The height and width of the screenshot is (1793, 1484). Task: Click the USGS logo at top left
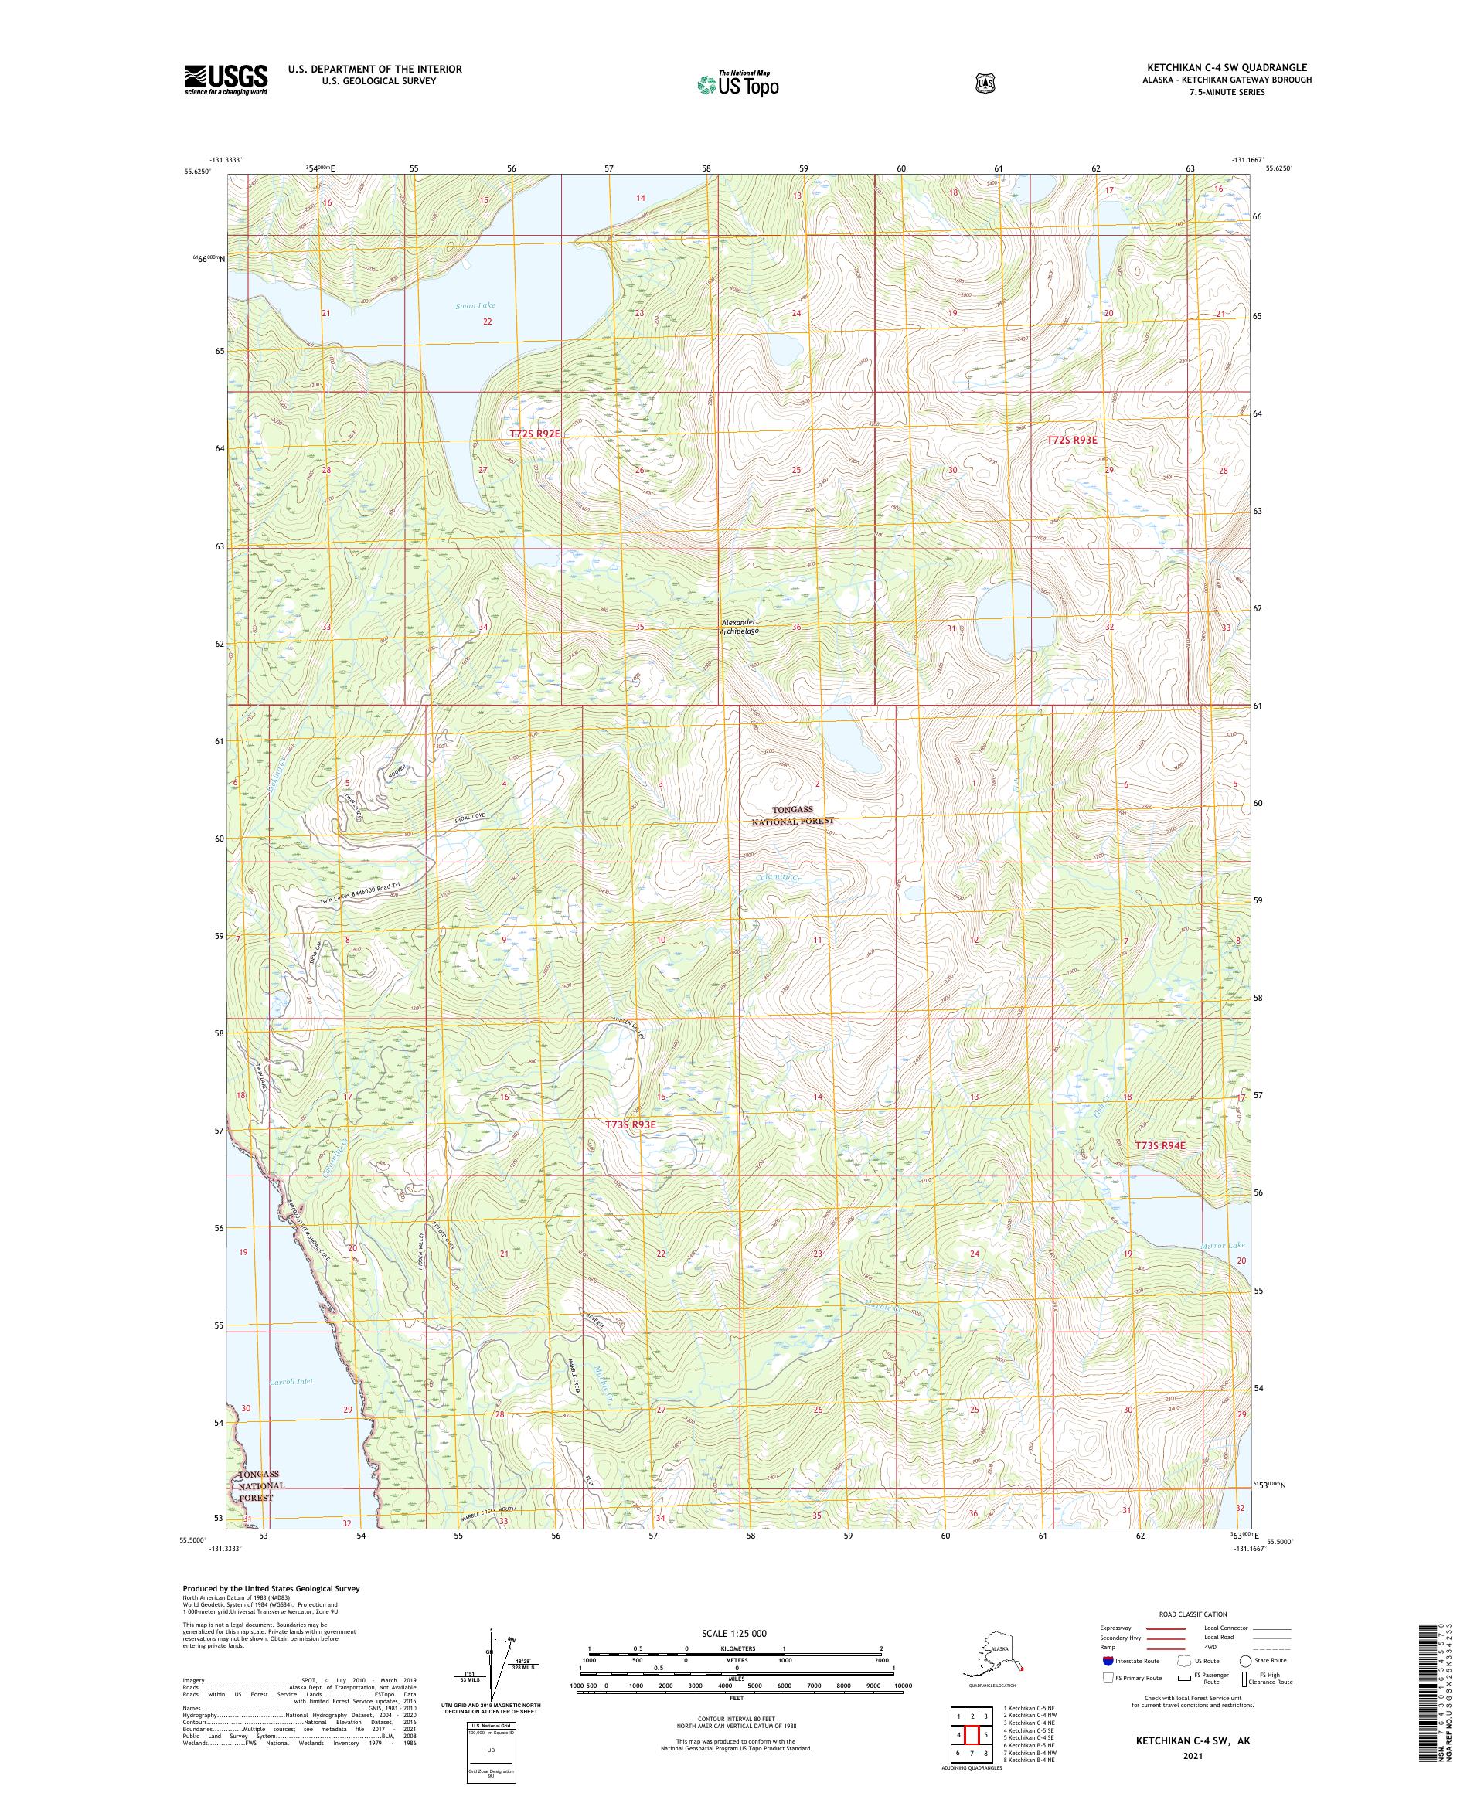coord(226,80)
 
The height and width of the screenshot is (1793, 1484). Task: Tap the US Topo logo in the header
coord(739,83)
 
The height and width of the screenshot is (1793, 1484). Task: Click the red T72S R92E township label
coord(535,434)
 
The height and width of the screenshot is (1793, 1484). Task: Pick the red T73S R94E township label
coord(1159,1145)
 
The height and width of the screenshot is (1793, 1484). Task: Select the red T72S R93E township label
coord(1070,440)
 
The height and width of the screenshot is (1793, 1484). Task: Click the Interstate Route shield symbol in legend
coord(1108,1660)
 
